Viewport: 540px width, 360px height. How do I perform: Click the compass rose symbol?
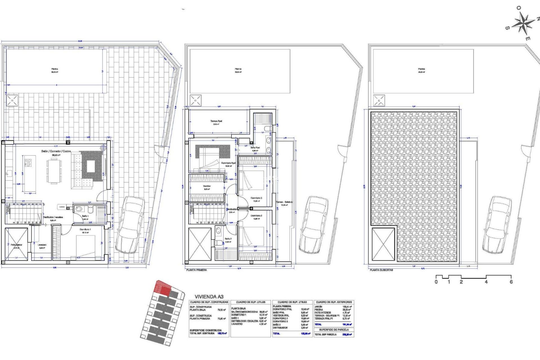(523, 23)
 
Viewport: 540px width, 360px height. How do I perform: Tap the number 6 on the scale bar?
(511, 282)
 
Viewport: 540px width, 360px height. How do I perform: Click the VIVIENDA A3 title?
(209, 296)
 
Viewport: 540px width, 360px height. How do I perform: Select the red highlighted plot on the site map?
(163, 288)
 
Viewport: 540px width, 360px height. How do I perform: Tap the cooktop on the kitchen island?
(28, 163)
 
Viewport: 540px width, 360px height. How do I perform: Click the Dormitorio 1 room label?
(85, 229)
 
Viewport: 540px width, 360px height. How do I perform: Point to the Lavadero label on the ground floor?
(42, 245)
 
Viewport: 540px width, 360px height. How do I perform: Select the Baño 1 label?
(85, 216)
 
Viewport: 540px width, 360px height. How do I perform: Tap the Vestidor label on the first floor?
(207, 186)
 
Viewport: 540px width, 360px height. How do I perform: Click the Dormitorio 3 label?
(256, 198)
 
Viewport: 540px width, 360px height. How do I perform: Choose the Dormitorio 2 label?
(256, 216)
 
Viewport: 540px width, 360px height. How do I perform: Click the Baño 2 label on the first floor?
(228, 239)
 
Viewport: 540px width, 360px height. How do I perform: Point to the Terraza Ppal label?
(216, 121)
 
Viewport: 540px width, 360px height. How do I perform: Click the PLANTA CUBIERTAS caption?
(381, 270)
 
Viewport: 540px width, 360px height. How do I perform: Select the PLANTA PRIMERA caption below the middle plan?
(197, 270)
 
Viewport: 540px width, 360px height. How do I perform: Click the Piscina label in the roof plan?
(421, 69)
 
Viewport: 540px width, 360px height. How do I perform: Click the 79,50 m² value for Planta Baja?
(222, 310)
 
